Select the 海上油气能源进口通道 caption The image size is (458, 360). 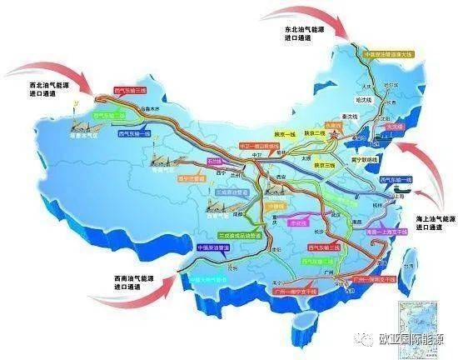[436, 222]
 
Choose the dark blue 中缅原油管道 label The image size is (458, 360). [213, 247]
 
